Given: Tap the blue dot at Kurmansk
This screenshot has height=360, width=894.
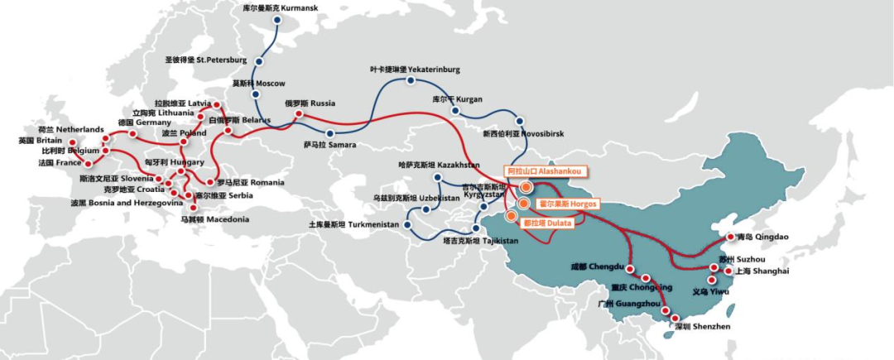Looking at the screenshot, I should [276, 21].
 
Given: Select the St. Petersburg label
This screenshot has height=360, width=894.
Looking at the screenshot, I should [206, 60].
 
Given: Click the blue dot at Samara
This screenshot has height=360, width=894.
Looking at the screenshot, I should [330, 133].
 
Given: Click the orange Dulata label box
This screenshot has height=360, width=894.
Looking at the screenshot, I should [550, 223].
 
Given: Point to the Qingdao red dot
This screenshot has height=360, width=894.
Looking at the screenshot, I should [731, 237].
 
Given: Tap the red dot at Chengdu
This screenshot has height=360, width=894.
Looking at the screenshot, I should [630, 271].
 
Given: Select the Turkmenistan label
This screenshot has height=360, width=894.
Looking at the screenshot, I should [354, 224].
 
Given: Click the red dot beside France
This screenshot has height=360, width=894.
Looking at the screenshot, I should [89, 163].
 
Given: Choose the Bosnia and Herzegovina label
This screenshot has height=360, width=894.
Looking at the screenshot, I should [126, 203].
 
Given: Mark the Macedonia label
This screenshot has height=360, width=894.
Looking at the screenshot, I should [214, 219].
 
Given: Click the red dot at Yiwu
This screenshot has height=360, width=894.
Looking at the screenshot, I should [711, 280].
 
